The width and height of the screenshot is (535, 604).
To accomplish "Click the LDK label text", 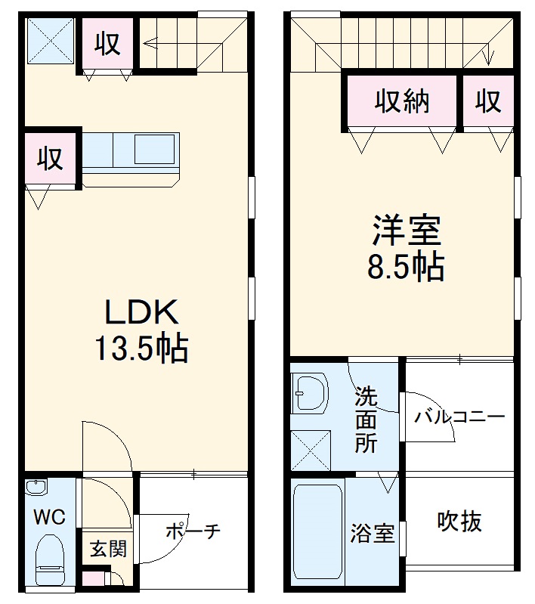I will tap(141, 312).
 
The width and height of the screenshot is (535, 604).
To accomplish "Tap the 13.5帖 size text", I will tap(141, 348).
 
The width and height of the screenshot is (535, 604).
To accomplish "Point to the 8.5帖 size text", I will tap(406, 267).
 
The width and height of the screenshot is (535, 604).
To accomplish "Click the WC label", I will tap(49, 518).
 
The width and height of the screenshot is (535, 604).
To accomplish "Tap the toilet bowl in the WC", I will tap(51, 559).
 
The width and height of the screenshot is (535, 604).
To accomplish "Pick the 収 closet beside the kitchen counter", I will tap(51, 160).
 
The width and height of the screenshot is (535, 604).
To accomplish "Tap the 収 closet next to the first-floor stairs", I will tap(107, 45).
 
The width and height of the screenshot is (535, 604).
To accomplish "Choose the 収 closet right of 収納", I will tap(489, 101).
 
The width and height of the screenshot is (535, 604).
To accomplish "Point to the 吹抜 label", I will tap(459, 521).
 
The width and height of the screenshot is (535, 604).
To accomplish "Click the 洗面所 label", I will tap(366, 420).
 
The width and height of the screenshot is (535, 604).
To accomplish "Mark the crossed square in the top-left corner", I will tap(51, 42).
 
